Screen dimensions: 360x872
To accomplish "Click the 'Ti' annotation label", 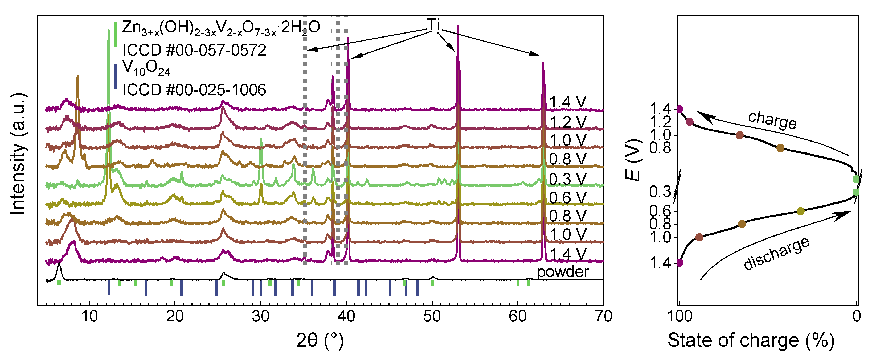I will click(x=433, y=24).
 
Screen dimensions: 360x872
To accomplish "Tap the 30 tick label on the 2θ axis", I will click(x=260, y=317).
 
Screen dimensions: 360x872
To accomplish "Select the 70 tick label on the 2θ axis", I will click(x=603, y=317).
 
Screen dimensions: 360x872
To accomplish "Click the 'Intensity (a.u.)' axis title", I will click(x=18, y=154).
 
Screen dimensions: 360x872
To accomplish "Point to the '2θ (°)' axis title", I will click(x=320, y=340).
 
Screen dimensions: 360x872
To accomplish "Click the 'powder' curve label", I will click(x=563, y=272).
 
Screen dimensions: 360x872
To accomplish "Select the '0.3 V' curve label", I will click(x=567, y=179).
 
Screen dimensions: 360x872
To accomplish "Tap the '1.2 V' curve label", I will click(x=567, y=122).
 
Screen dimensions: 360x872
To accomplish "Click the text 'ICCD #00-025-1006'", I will click(x=194, y=90).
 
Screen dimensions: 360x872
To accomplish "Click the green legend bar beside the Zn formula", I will click(x=116, y=34).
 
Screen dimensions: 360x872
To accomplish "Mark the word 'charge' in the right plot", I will click(x=772, y=120).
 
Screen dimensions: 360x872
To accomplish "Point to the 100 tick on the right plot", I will click(x=679, y=317).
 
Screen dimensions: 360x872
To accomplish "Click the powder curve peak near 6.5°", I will click(x=59, y=264).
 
